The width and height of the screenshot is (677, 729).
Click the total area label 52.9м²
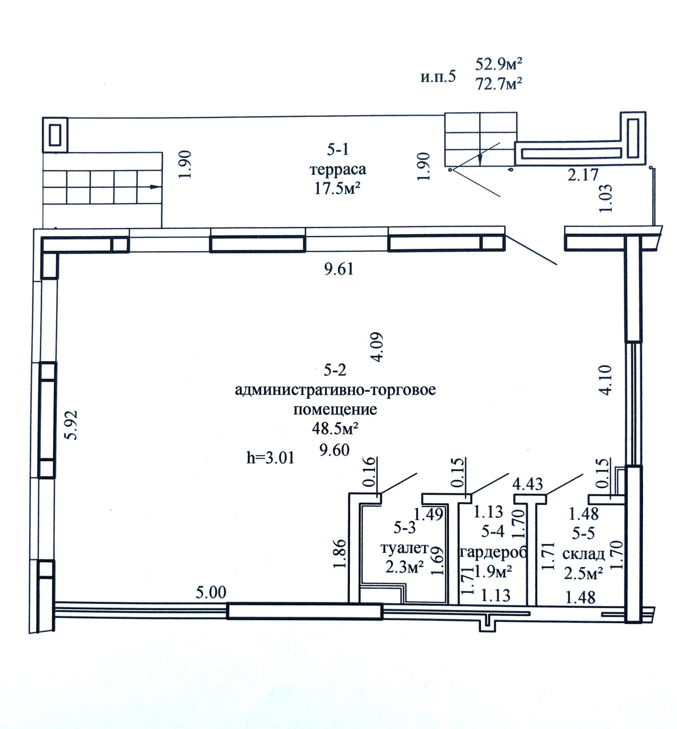click(499, 64)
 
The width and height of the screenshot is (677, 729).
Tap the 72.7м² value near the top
click(499, 84)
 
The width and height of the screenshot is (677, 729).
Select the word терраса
click(338, 169)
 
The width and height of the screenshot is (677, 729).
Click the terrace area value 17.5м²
click(337, 189)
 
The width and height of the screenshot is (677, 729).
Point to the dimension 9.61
click(339, 269)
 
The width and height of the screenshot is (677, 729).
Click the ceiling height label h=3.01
click(270, 457)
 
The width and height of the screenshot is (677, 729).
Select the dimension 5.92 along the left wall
click(71, 425)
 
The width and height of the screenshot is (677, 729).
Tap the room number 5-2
click(335, 370)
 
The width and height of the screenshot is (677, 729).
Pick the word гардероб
click(493, 552)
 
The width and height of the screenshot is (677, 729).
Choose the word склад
click(584, 554)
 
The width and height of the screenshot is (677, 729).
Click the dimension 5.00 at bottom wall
click(211, 592)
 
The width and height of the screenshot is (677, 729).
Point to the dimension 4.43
click(528, 483)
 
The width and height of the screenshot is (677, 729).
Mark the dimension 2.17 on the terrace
click(583, 175)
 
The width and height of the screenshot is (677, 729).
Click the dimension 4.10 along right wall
click(606, 380)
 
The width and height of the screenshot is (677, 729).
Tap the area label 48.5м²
click(335, 429)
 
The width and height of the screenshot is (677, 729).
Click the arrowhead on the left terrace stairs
click(155, 187)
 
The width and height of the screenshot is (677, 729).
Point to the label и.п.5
click(438, 77)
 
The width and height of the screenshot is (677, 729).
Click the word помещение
click(335, 409)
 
